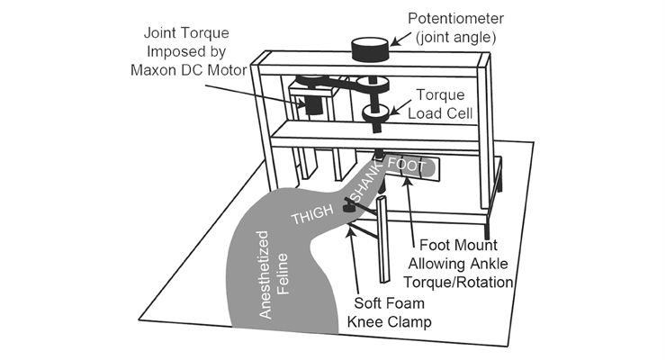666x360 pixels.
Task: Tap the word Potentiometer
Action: [455, 19]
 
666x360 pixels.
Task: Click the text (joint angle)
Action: [456, 38]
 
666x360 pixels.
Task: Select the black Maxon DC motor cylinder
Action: [314, 105]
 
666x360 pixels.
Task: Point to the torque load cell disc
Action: [375, 112]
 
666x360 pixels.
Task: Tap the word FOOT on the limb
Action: [407, 165]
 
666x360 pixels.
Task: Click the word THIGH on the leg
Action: [312, 214]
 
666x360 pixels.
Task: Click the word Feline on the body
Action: [283, 274]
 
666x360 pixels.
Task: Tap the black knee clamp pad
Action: [348, 207]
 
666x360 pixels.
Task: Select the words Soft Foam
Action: [389, 303]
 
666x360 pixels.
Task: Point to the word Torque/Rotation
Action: [458, 282]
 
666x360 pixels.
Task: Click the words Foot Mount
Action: [458, 245]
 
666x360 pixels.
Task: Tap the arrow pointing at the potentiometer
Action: [400, 39]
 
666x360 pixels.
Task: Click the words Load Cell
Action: [440, 113]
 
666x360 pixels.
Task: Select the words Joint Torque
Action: [186, 32]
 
